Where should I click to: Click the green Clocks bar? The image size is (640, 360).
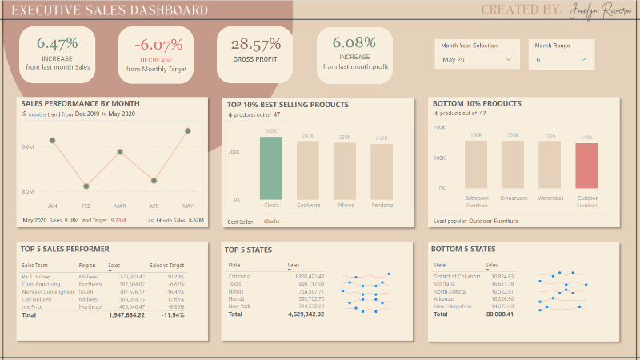tap(271, 168)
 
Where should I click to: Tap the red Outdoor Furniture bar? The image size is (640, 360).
tap(586, 167)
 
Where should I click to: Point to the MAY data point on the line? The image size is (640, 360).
tap(188, 130)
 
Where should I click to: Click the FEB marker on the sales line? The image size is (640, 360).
tap(86, 186)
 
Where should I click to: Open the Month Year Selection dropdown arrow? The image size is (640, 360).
tap(508, 59)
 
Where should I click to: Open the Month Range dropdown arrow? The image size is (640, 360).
tap(583, 59)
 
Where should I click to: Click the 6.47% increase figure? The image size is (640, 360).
tap(58, 43)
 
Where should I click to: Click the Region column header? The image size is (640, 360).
tap(87, 265)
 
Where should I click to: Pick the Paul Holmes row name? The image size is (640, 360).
tap(37, 276)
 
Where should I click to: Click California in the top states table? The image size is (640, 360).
tap(241, 276)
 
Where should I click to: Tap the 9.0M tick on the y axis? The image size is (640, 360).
tap(28, 146)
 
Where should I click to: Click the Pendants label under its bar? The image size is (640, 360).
tap(382, 206)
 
